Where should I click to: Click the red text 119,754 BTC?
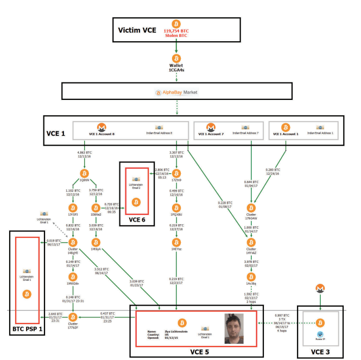(175, 31)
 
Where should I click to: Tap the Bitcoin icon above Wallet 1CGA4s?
(176, 58)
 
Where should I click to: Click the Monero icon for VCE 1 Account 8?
(101, 127)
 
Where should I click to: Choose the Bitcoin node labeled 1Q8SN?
(84, 173)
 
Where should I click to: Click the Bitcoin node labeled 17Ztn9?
(175, 173)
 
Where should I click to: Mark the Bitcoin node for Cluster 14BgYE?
(72, 242)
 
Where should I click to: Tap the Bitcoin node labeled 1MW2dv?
(72, 277)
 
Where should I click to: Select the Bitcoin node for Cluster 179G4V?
(251, 208)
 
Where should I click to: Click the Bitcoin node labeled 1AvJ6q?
(251, 277)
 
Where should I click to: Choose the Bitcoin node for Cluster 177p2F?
(72, 317)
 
